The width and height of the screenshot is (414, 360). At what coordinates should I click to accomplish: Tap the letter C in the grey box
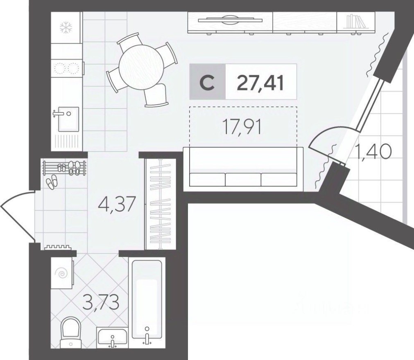pyautogui.click(x=208, y=83)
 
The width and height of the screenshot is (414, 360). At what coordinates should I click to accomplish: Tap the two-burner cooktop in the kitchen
pyautogui.click(x=66, y=68)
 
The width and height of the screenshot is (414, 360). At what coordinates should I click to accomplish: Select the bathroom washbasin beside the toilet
pyautogui.click(x=112, y=337)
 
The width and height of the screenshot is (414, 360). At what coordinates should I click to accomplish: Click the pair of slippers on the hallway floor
pyautogui.click(x=52, y=182)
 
